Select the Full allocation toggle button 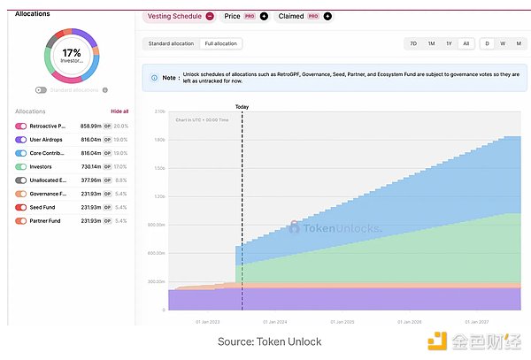point(220,43)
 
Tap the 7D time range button point(413,43)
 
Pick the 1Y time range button point(449,43)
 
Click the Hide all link point(119,111)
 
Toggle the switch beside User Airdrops point(21,139)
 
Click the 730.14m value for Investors point(92,166)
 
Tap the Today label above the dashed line point(242,107)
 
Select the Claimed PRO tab point(297,16)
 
